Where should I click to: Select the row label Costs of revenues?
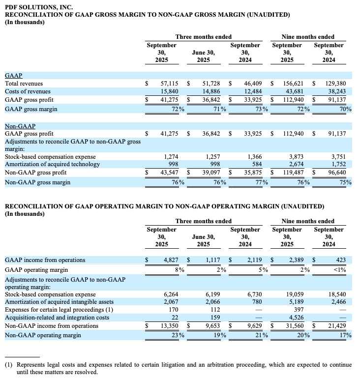pos(28,91)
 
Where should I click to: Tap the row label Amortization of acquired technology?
pos(50,165)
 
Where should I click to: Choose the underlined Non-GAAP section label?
pos(20,126)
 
